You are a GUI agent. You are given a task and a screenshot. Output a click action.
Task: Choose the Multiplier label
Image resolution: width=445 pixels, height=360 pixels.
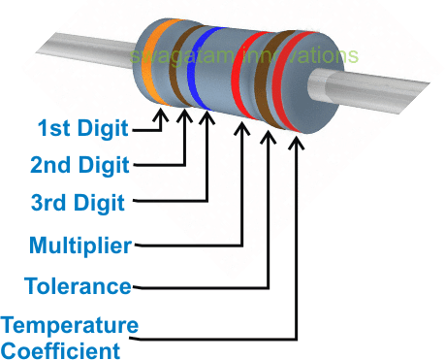(79, 245)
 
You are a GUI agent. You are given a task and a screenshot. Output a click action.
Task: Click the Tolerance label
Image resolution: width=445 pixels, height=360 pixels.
(79, 286)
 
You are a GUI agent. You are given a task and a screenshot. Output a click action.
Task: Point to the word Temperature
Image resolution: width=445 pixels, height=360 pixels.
(70, 324)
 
